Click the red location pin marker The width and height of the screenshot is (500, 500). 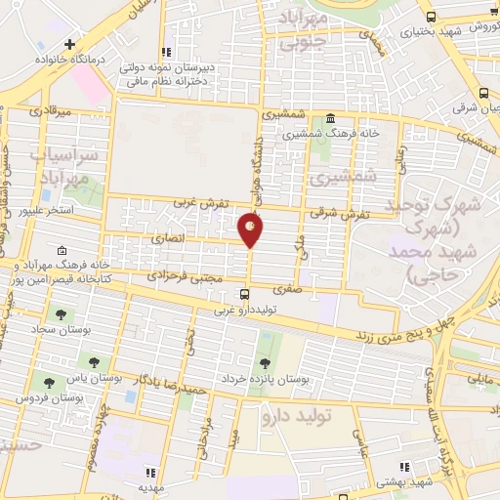click(251, 229)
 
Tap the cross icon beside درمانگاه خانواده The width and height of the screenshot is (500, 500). click(69, 44)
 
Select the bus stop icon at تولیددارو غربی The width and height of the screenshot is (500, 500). click(244, 293)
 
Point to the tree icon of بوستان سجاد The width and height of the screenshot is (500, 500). click(61, 314)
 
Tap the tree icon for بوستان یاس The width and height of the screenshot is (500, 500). click(94, 362)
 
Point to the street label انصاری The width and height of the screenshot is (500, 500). click(167, 237)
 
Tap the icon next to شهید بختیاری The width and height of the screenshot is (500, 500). click(432, 17)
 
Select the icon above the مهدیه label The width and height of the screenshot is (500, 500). click(149, 470)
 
